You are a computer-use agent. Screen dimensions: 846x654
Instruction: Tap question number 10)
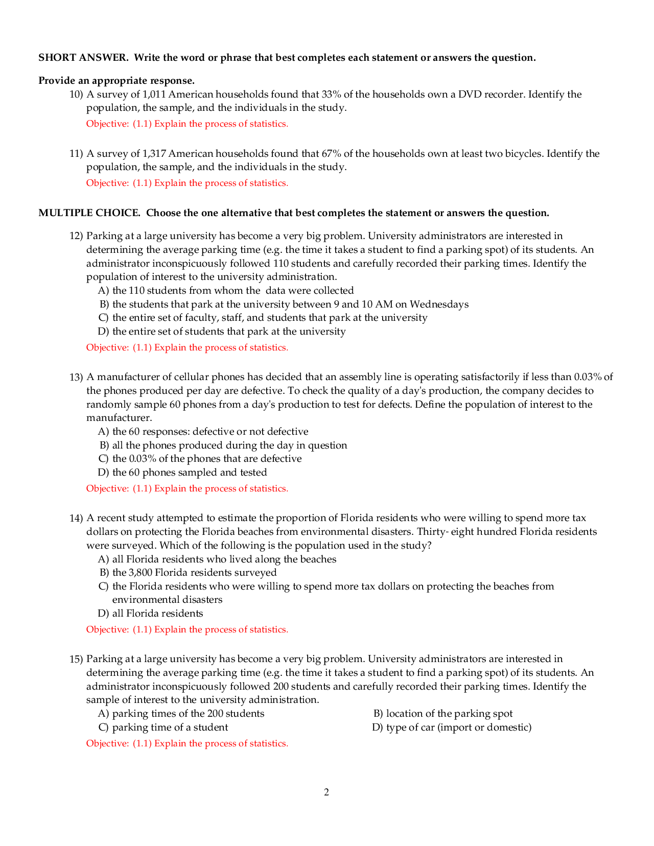coord(76,95)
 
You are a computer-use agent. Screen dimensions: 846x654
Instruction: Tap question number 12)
coord(76,236)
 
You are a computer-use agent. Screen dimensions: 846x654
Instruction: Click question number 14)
coord(76,518)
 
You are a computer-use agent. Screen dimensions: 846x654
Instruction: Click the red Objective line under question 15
coord(187,744)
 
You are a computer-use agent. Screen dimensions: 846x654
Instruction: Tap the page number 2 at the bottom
coord(326,792)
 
